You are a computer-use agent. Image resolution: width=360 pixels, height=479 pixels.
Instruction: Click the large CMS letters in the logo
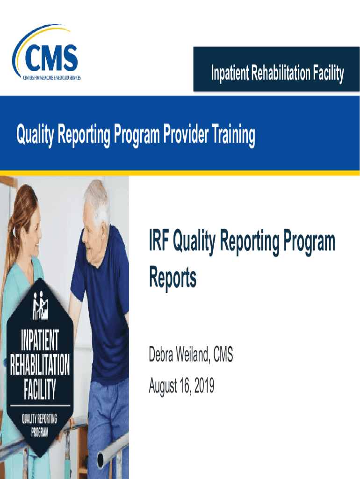[51, 58]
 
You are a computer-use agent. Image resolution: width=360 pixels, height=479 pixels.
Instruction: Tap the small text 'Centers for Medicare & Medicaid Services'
[52, 78]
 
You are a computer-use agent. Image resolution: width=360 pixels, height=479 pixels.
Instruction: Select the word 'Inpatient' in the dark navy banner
[230, 73]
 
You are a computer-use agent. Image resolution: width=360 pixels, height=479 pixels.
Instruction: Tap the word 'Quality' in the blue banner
[36, 135]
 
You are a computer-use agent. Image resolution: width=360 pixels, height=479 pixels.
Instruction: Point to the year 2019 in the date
[204, 385]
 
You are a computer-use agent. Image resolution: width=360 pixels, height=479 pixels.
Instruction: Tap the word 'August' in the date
[163, 386]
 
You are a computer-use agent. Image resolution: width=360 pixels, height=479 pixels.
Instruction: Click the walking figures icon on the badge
[40, 305]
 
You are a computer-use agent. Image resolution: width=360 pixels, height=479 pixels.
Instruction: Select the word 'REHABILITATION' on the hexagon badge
[40, 364]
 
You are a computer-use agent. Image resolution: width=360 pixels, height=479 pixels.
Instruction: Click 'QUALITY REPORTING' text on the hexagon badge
[39, 419]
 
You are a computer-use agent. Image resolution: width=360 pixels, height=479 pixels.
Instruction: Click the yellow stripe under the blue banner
[180, 173]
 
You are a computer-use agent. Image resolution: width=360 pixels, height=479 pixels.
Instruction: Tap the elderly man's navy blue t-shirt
[102, 305]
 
